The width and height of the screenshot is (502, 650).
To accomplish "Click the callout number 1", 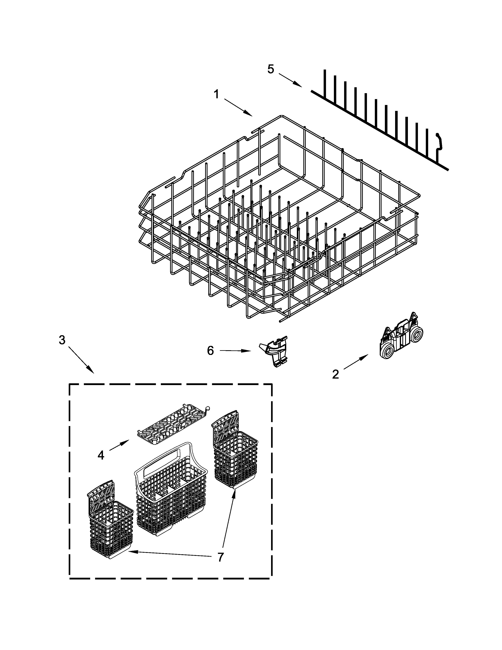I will [x=217, y=95].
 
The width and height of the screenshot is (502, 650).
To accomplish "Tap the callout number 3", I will [x=62, y=340].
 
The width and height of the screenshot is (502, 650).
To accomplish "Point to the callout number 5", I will [x=271, y=69].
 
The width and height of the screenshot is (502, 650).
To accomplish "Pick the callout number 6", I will [x=210, y=351].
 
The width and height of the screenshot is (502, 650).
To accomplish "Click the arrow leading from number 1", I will [x=238, y=107].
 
